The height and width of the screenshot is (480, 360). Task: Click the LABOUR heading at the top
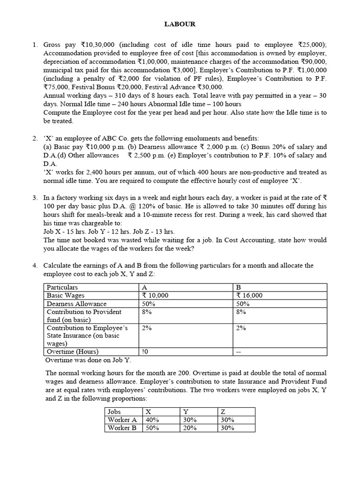tap(180, 24)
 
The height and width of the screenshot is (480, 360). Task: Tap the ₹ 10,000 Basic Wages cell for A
tap(155, 295)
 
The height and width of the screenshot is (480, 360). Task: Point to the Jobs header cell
tap(114, 411)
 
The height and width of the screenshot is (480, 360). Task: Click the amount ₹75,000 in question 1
tap(56, 87)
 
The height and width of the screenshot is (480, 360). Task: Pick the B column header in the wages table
tap(239, 287)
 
